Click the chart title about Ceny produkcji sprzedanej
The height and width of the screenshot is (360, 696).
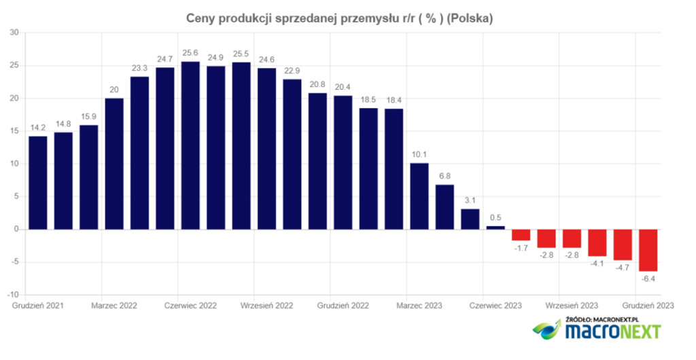click(x=339, y=19)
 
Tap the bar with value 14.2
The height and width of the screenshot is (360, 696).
click(x=38, y=183)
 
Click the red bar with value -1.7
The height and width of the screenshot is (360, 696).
click(x=521, y=235)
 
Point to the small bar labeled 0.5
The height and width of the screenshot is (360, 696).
click(x=495, y=228)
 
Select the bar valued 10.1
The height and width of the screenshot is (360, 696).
click(x=419, y=196)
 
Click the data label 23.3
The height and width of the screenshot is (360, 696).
click(x=139, y=69)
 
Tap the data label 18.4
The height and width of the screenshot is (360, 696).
click(x=394, y=101)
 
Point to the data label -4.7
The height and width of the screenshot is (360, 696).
click(x=623, y=268)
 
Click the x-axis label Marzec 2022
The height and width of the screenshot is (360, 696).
click(x=114, y=306)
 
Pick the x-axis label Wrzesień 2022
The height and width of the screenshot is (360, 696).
click(x=267, y=306)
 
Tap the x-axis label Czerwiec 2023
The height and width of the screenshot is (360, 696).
click(x=495, y=306)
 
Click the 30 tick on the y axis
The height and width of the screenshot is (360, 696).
click(x=14, y=33)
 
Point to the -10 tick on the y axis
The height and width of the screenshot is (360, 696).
click(x=12, y=295)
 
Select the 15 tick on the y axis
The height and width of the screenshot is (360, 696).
click(x=14, y=131)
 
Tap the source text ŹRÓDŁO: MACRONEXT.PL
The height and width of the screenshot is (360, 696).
click(x=602, y=319)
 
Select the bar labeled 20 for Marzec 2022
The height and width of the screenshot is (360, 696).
click(x=114, y=164)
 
